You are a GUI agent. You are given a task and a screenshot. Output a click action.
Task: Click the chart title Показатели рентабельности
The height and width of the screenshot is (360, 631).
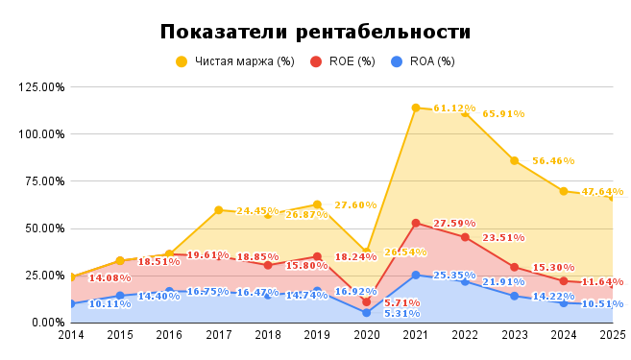(x=315, y=32)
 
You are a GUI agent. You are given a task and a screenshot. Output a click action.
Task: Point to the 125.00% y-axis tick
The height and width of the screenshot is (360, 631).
(x=41, y=86)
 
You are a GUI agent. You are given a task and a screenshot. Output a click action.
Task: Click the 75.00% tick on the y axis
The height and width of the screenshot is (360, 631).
(x=44, y=180)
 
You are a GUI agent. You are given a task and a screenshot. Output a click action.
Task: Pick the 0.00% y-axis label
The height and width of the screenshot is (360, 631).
(x=47, y=323)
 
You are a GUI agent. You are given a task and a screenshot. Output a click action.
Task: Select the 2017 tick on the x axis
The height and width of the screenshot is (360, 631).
(x=218, y=335)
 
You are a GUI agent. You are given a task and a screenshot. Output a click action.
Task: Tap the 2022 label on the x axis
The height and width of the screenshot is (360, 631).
(x=465, y=335)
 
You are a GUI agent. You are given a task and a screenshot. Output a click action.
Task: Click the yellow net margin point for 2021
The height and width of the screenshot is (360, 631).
(x=416, y=108)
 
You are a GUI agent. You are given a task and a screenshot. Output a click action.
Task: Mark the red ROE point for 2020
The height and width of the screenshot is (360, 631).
(x=366, y=301)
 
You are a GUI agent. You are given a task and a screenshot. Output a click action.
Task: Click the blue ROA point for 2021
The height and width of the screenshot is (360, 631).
(x=416, y=276)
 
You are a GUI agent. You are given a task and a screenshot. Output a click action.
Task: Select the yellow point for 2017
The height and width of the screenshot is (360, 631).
(x=218, y=210)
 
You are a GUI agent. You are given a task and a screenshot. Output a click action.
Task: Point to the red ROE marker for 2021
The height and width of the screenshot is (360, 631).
(x=416, y=223)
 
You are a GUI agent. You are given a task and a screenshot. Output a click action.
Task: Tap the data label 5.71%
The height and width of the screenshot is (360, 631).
(x=402, y=303)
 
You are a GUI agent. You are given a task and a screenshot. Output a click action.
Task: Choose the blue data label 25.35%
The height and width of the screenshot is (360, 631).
(x=454, y=276)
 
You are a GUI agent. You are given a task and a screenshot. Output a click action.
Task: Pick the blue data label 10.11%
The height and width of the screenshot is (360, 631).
(x=109, y=304)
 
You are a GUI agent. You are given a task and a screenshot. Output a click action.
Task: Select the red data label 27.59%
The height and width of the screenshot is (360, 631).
(x=454, y=224)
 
